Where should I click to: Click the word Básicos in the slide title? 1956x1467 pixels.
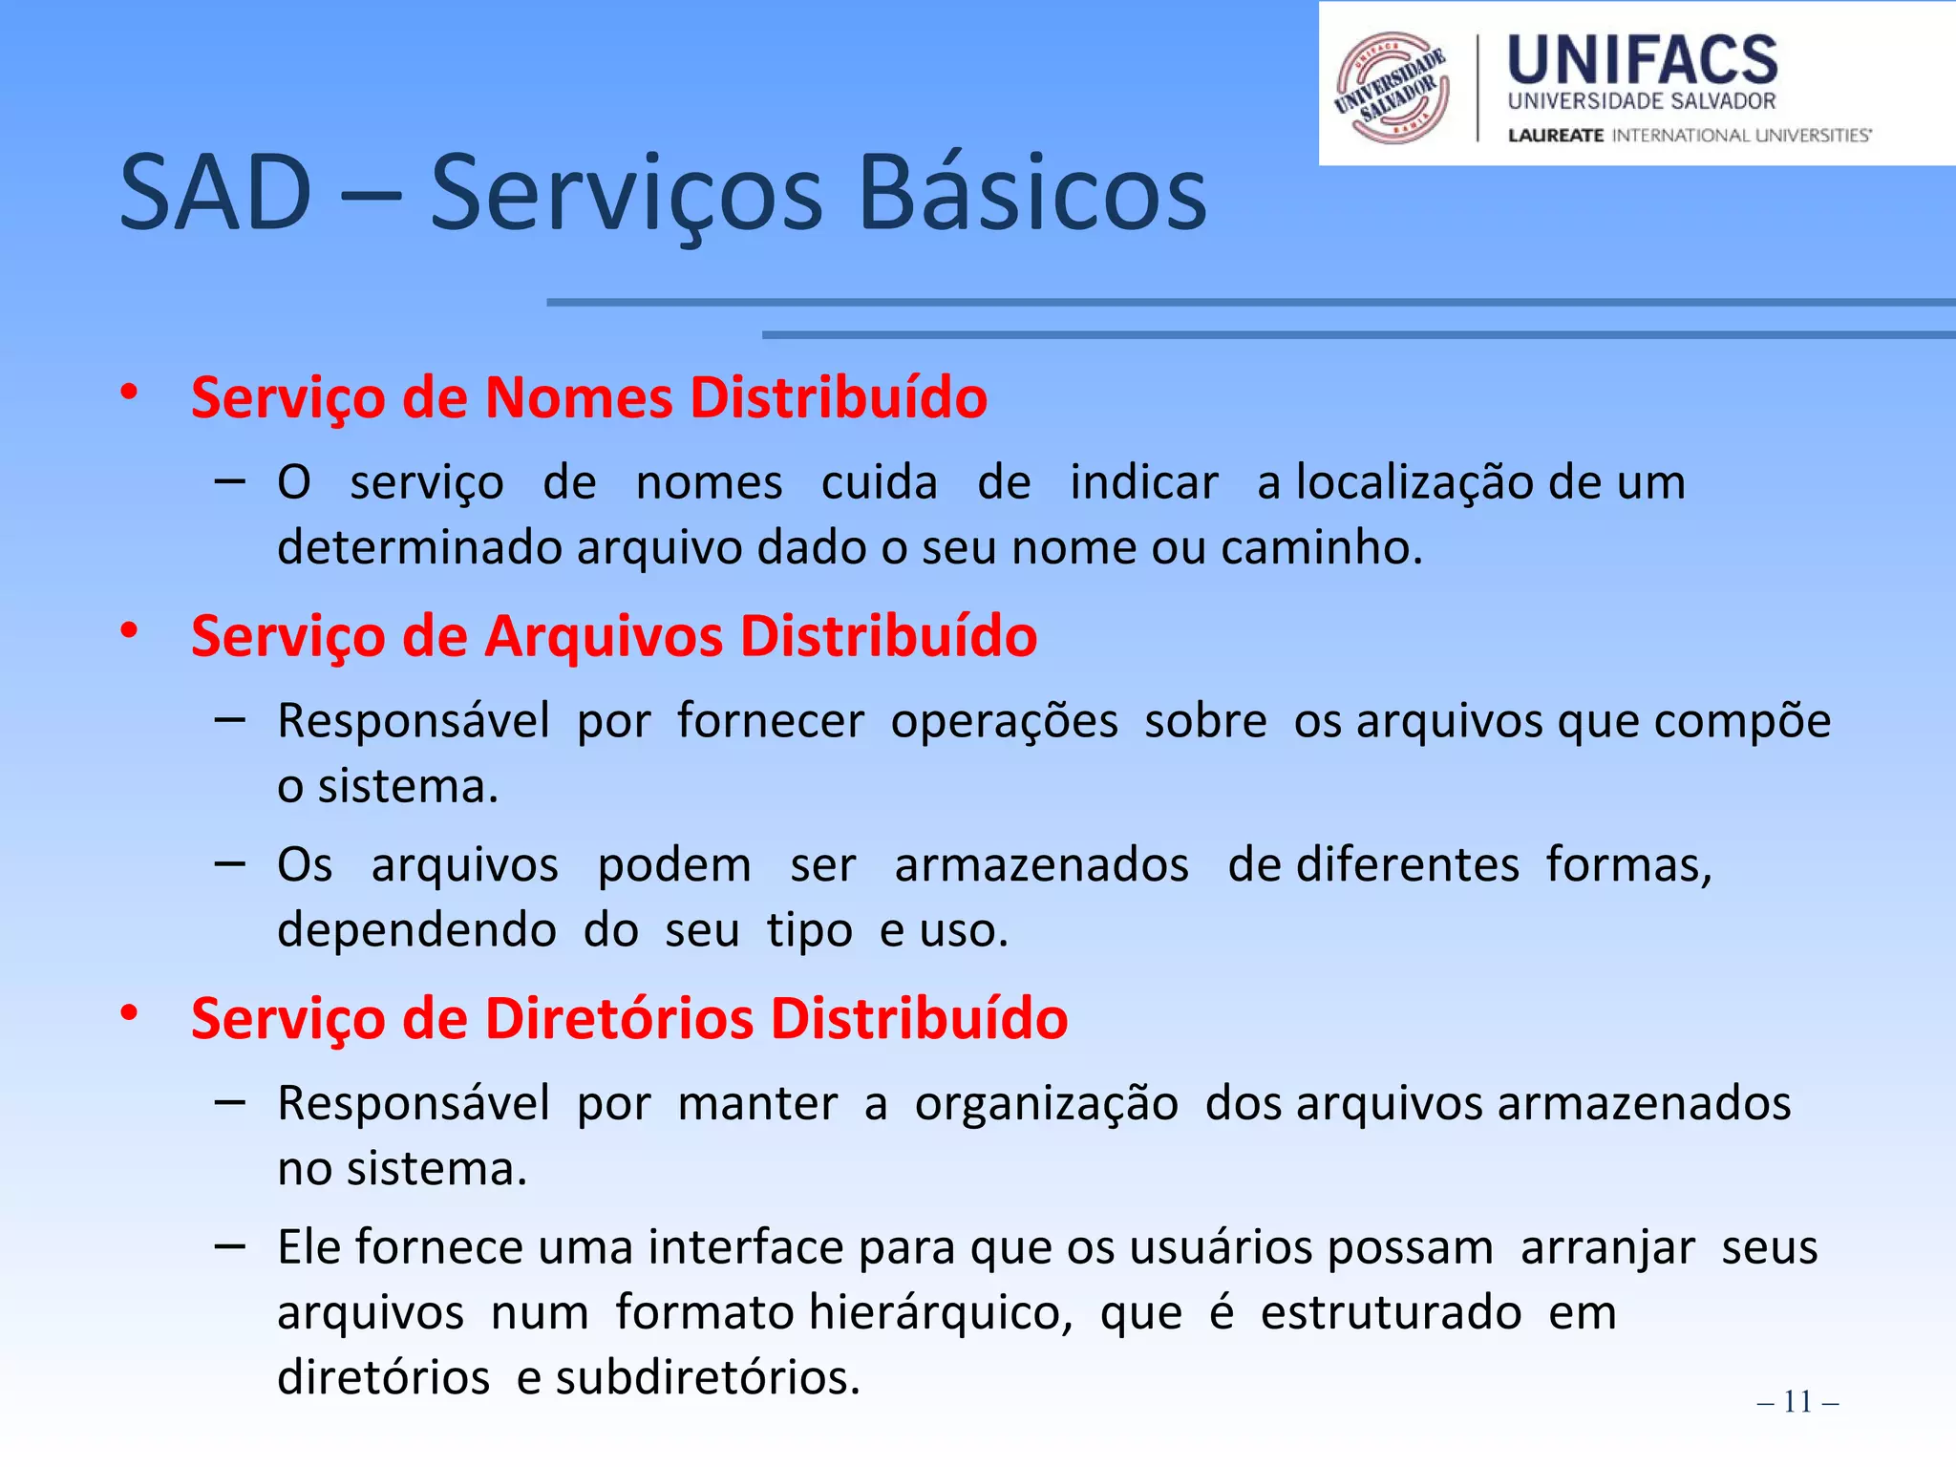coord(1031,194)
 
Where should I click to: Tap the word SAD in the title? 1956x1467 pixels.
coord(216,194)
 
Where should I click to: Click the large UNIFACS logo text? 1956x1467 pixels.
coord(1642,60)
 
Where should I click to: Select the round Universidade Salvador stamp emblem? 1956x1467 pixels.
coord(1393,88)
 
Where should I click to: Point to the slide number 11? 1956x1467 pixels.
coord(1797,1401)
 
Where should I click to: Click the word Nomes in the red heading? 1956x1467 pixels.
coord(579,397)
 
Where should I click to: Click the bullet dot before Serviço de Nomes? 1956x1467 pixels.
coord(129,393)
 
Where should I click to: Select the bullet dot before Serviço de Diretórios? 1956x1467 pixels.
coord(129,1013)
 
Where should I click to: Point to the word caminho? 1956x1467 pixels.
coord(1321,548)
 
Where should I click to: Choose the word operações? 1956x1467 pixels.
coord(1004,721)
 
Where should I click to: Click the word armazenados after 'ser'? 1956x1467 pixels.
coord(1041,865)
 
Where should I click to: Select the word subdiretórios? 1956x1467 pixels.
coord(708,1377)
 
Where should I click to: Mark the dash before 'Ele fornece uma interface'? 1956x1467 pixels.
coord(230,1245)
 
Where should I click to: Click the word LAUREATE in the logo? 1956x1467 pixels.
coord(1555,136)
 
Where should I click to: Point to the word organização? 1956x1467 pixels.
coord(1046,1104)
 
